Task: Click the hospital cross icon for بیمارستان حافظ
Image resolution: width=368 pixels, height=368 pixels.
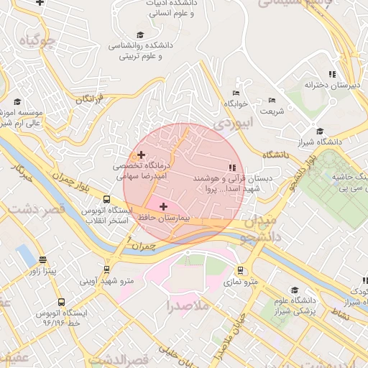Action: [x=163, y=206]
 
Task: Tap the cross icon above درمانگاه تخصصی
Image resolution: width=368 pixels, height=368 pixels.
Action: [x=141, y=155]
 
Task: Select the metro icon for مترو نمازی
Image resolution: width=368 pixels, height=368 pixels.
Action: [x=240, y=271]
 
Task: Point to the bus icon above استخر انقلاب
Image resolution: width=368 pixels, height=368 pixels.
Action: [x=107, y=200]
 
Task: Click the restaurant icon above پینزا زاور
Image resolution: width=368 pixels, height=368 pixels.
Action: [x=42, y=259]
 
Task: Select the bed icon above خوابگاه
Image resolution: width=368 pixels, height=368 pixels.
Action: [x=236, y=93]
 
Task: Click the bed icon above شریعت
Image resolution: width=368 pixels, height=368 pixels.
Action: [x=272, y=100]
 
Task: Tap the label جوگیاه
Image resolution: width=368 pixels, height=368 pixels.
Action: [x=38, y=40]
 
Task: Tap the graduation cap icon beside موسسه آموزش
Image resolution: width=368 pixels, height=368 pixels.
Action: [x=17, y=101]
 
